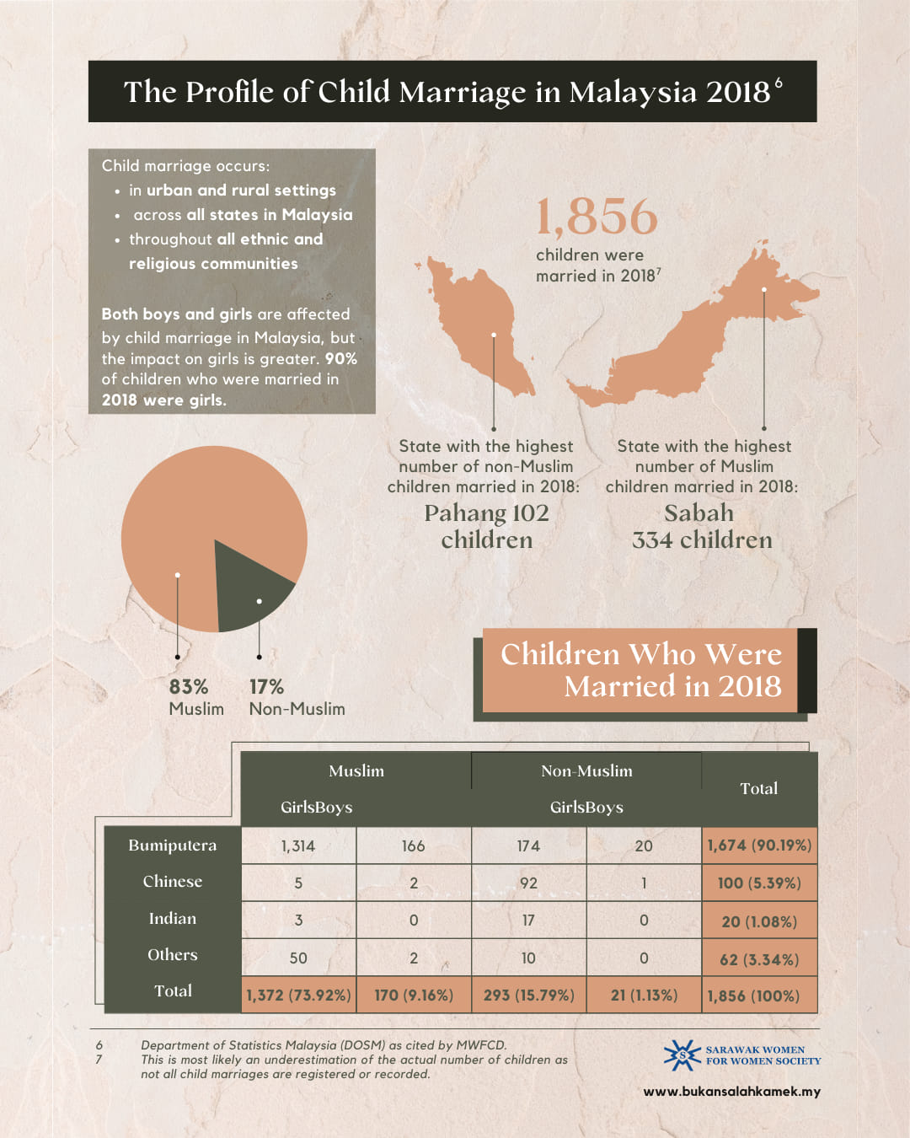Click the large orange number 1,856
pos(597,217)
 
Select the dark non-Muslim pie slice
pos(249,590)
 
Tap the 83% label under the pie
pos(189,687)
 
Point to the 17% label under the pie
pos(266,687)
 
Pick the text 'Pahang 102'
pos(486,513)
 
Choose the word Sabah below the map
pos(699,513)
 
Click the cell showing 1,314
pos(298,845)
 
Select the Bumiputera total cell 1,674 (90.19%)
pos(759,845)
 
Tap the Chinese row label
pos(173,882)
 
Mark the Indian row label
pos(173,919)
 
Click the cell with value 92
pos(528,883)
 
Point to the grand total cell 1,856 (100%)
pos(754,996)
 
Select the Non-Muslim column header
pos(586,770)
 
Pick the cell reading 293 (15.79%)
pos(528,996)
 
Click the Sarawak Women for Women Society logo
pos(682,1055)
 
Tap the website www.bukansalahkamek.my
pos(731,1092)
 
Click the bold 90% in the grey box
pos(341,358)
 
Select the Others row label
pos(173,955)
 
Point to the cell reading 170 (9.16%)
pos(413,996)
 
